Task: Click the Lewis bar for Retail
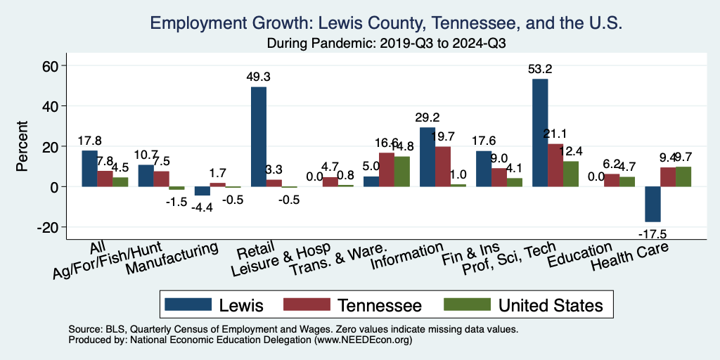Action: click(x=259, y=136)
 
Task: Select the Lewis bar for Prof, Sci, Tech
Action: click(x=540, y=133)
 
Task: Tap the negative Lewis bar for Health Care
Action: click(x=652, y=204)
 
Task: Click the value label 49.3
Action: click(x=258, y=77)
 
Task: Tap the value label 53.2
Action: click(x=540, y=69)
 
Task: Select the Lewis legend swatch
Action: click(x=188, y=304)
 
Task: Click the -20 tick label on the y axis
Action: click(x=50, y=227)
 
